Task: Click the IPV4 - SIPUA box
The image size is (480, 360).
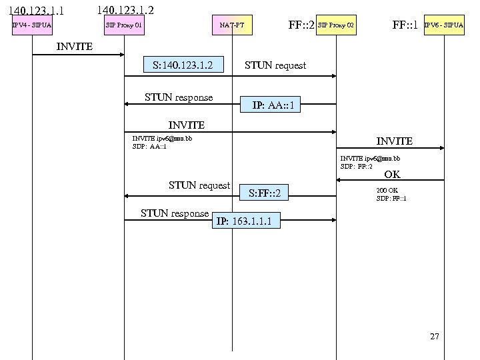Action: coord(32,26)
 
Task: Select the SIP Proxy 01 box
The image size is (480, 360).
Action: coord(124,26)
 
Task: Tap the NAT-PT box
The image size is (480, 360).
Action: coord(232,26)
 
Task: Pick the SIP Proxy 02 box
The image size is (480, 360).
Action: coord(336,26)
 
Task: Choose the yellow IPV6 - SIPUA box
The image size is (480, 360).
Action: coord(444,26)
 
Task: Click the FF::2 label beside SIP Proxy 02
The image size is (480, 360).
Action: coord(301,26)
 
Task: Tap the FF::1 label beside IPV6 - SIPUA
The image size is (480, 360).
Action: coord(405,26)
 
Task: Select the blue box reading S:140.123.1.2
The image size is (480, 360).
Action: coord(182,65)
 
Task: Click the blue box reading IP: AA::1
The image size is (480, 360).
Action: coord(272,105)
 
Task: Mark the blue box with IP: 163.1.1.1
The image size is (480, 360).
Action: coord(243,221)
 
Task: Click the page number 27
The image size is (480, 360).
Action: coord(435,337)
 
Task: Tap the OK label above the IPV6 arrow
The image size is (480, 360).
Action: coord(392,175)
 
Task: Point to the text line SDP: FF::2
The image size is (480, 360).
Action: coord(357,166)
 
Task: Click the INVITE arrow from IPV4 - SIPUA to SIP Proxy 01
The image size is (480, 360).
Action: coord(78,55)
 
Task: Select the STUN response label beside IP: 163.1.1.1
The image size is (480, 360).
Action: coord(175,213)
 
